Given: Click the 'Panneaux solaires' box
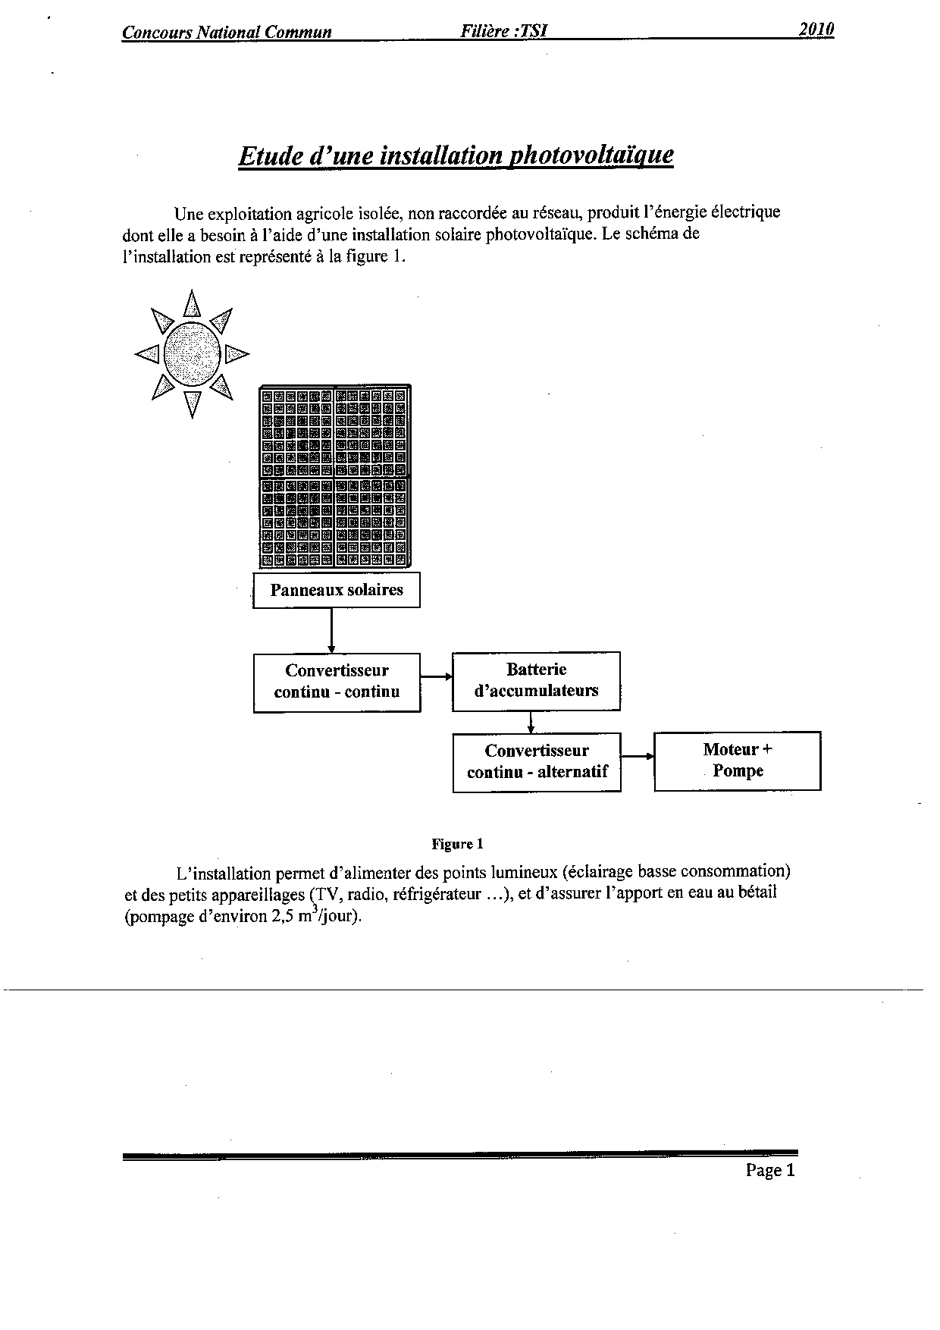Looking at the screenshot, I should (x=336, y=591).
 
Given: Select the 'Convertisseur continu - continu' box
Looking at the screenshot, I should (x=337, y=682).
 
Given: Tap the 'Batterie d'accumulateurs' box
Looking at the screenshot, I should (x=536, y=681).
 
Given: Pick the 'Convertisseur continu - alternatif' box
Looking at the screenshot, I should (x=537, y=762).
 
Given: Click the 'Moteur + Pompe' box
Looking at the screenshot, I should (x=737, y=761).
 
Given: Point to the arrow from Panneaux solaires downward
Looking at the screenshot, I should (x=331, y=630).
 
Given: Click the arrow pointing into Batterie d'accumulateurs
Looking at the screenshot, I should (x=436, y=676).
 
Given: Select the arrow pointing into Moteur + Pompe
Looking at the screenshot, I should (x=637, y=756).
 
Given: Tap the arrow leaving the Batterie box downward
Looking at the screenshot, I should (x=531, y=721).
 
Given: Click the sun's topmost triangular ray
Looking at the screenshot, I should (x=193, y=303).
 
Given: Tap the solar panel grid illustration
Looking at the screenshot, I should (x=335, y=477).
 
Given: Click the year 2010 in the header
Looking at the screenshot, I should (x=816, y=30).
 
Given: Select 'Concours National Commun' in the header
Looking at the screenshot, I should (x=227, y=33).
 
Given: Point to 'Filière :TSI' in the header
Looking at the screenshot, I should (x=503, y=32).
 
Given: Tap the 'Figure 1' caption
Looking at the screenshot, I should (x=457, y=844).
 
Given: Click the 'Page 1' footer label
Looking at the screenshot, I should (x=770, y=1170).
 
